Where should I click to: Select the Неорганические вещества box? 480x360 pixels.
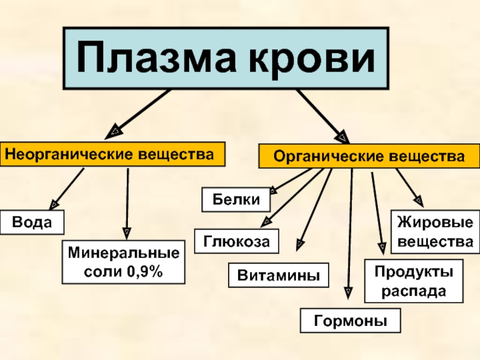point(113,154)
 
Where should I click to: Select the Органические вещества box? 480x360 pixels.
point(369,156)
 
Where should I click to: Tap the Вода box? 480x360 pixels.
point(32,223)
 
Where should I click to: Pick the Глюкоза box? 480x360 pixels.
point(236,241)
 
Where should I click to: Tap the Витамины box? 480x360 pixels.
point(279,275)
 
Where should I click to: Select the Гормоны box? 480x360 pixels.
point(350,320)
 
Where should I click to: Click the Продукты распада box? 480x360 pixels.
point(414,281)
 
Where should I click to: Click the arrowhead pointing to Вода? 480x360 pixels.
point(55,203)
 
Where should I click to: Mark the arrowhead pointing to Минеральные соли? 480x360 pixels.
point(127,232)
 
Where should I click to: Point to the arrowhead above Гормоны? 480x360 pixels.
point(349,292)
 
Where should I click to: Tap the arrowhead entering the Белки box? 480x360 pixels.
point(273,191)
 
